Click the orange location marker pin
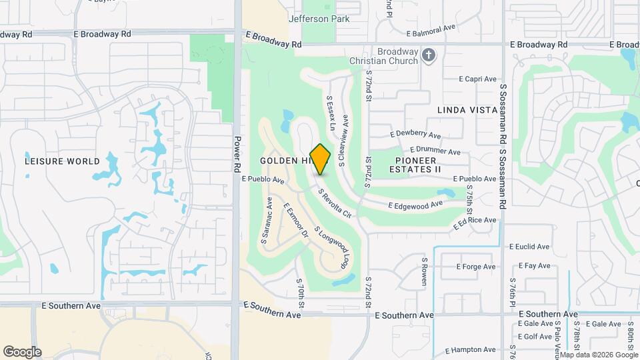click(x=321, y=159)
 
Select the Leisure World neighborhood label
click(x=62, y=161)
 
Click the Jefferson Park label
click(x=319, y=19)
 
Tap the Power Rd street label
click(x=237, y=155)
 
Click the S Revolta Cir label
click(x=334, y=204)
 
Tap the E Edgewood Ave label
click(x=415, y=205)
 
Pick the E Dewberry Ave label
click(x=417, y=134)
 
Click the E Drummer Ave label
click(x=435, y=151)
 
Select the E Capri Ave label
click(x=479, y=79)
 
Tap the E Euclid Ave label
click(x=530, y=246)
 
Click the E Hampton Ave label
click(x=470, y=349)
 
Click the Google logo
click(x=22, y=351)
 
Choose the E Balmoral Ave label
click(x=431, y=32)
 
